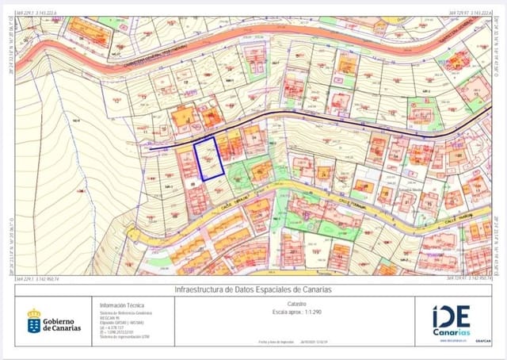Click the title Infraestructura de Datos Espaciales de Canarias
(x=253, y=289)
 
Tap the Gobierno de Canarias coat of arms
(x=34, y=321)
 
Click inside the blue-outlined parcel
(x=210, y=159)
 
